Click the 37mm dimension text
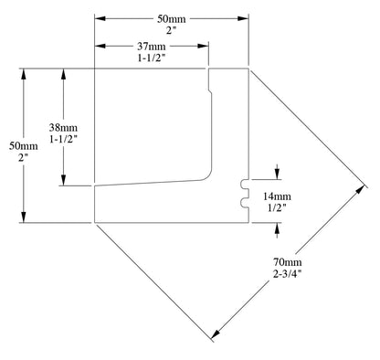[152, 47]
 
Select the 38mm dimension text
[63, 127]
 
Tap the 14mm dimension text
[277, 196]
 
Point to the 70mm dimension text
[288, 262]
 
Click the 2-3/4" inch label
[288, 274]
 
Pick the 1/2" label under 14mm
[277, 207]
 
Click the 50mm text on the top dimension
[172, 19]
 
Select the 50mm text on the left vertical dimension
[24, 146]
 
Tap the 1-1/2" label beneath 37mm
[152, 58]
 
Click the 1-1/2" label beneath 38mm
[63, 139]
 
